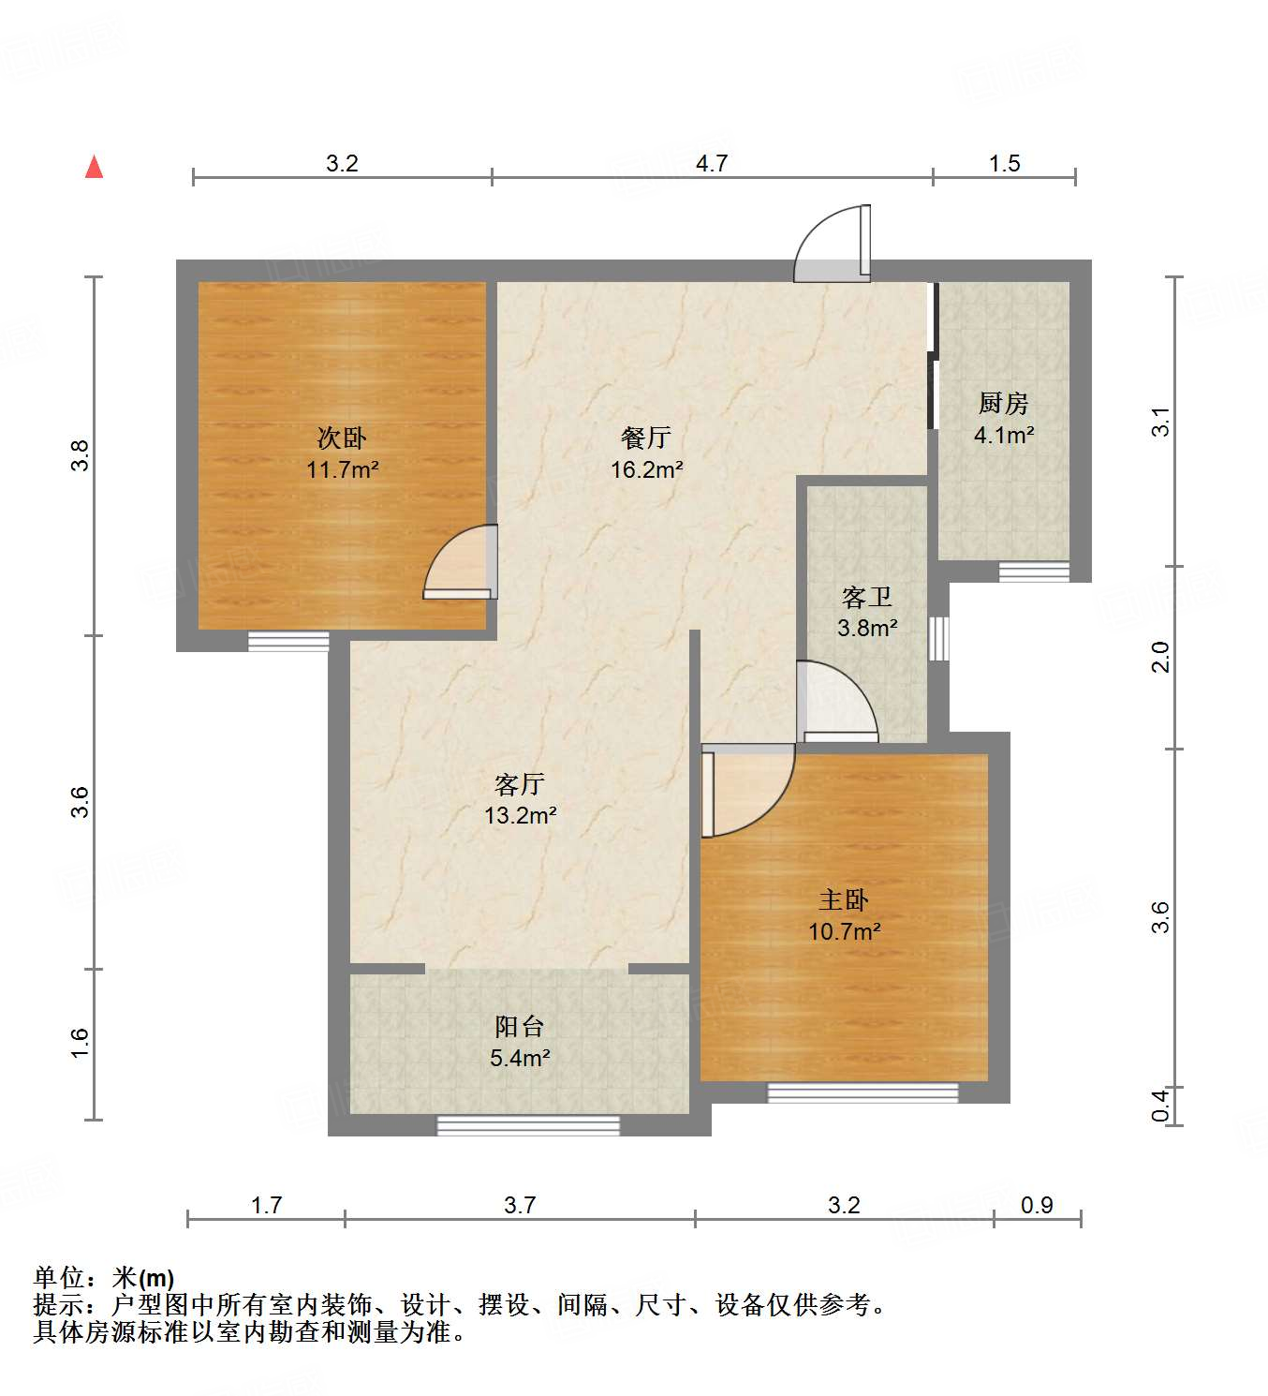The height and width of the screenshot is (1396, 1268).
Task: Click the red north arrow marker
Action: pyautogui.click(x=94, y=167)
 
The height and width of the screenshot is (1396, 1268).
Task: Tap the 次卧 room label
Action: pyautogui.click(x=342, y=438)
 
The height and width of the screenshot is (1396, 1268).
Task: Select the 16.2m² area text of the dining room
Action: pyautogui.click(x=646, y=469)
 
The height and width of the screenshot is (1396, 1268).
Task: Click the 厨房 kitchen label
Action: pyautogui.click(x=1003, y=403)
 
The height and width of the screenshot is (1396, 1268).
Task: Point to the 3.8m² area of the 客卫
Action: pyautogui.click(x=867, y=628)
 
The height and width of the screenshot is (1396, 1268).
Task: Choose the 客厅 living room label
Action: pyautogui.click(x=520, y=783)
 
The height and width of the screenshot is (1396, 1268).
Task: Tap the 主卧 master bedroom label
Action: pyautogui.click(x=844, y=900)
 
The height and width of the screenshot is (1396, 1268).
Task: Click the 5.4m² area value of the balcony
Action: pyautogui.click(x=520, y=1058)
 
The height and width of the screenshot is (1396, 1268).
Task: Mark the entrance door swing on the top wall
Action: pyautogui.click(x=833, y=245)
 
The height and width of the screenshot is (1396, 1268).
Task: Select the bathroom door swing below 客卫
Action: pyautogui.click(x=836, y=703)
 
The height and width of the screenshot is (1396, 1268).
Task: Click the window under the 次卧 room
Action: pyautogui.click(x=288, y=642)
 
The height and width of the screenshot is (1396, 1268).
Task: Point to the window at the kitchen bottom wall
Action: pyautogui.click(x=1034, y=572)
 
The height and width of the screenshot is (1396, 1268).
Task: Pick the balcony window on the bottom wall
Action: pyautogui.click(x=528, y=1125)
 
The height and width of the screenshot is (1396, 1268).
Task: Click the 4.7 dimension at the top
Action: pyautogui.click(x=712, y=163)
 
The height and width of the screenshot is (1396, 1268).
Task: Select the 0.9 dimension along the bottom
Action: pyautogui.click(x=1037, y=1205)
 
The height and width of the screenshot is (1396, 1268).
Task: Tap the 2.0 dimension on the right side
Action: pyautogui.click(x=1161, y=657)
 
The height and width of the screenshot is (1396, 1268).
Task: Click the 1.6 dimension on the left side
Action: pyautogui.click(x=80, y=1043)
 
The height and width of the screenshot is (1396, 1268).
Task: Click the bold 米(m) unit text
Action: pyautogui.click(x=143, y=1277)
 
